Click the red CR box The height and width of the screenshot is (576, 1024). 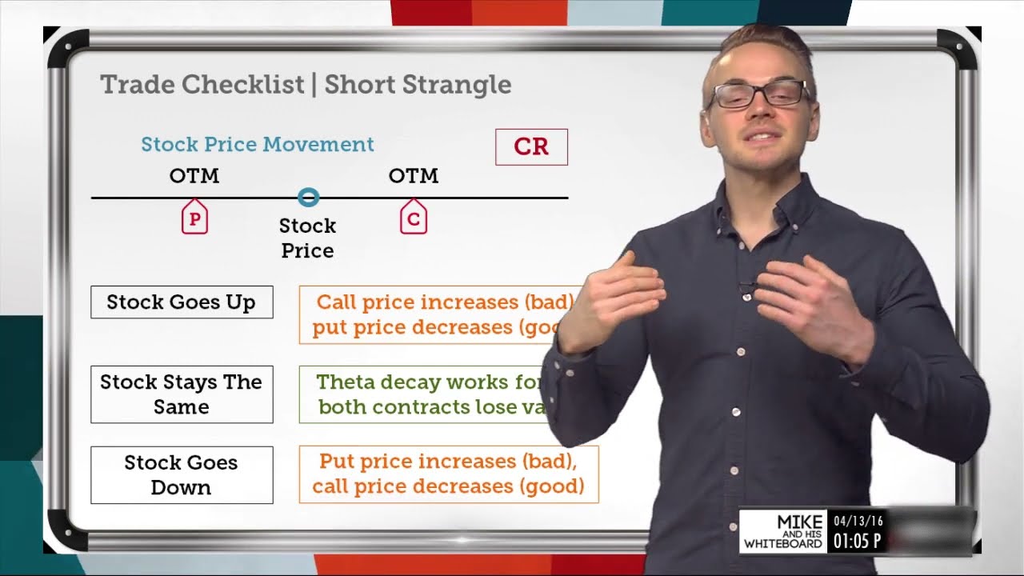pos(531,147)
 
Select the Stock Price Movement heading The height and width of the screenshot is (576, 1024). pos(258,145)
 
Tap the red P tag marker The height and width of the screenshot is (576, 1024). pos(194,218)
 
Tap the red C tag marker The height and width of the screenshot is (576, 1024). pos(414,218)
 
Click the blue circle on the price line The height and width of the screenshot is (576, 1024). pos(308,197)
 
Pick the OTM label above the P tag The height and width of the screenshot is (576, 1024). pos(194,176)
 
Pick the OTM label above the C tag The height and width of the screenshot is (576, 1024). pos(414,176)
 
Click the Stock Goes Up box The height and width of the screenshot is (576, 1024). pos(182,302)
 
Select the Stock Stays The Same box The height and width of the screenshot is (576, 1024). pos(182,394)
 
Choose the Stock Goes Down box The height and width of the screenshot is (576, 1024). pos(182,474)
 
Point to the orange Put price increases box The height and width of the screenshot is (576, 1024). pos(448,474)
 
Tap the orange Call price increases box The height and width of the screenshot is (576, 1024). pos(440,314)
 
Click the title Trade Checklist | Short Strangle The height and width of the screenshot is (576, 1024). pos(306,85)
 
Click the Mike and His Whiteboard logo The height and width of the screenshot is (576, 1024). pos(783,532)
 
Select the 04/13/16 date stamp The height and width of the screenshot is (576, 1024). pos(858,522)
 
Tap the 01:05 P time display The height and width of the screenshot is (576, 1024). pos(858,542)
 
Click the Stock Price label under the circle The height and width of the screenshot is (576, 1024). pos(307,238)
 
